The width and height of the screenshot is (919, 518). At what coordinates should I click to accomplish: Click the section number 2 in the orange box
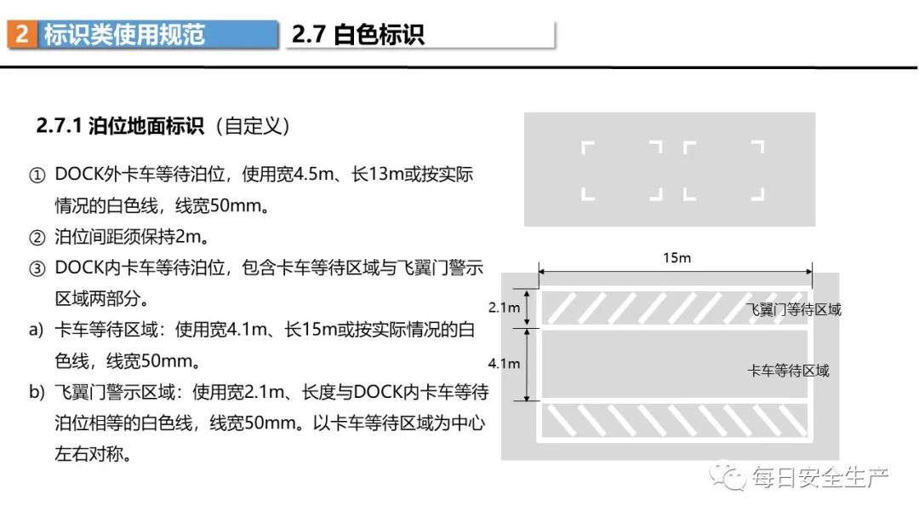click(x=22, y=34)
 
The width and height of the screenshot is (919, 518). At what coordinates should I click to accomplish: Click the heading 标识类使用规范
click(x=124, y=34)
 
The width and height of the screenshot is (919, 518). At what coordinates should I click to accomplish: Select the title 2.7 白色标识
click(x=357, y=34)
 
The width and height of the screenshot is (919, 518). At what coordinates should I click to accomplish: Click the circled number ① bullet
click(x=37, y=176)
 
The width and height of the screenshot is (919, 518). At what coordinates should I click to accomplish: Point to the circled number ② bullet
click(x=37, y=236)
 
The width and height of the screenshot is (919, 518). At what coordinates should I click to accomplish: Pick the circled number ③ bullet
click(x=37, y=268)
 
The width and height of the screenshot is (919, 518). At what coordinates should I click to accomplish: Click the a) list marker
click(x=36, y=330)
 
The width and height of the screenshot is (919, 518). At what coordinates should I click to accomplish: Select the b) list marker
click(x=36, y=392)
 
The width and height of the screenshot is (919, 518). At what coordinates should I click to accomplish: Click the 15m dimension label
click(x=676, y=257)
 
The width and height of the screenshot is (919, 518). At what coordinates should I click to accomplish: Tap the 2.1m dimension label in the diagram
click(x=504, y=307)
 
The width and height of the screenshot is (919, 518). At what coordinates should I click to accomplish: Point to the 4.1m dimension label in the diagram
click(x=504, y=364)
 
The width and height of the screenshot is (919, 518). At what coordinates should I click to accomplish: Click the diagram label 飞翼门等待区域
click(x=793, y=310)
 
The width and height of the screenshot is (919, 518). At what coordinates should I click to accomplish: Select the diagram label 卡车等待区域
click(x=788, y=371)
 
